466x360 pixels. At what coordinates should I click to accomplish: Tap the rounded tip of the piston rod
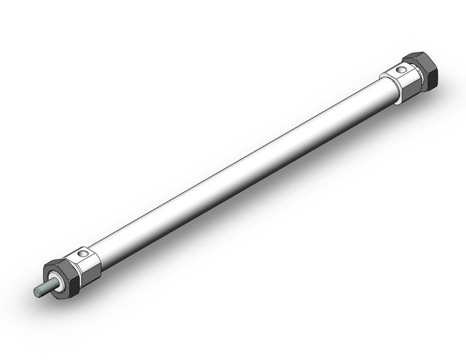(36, 293)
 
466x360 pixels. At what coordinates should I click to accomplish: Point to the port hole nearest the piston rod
(84, 253)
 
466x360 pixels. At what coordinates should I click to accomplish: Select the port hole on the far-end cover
(400, 71)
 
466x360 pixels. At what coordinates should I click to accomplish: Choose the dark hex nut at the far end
(424, 71)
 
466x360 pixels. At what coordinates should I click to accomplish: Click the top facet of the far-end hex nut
(417, 58)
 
